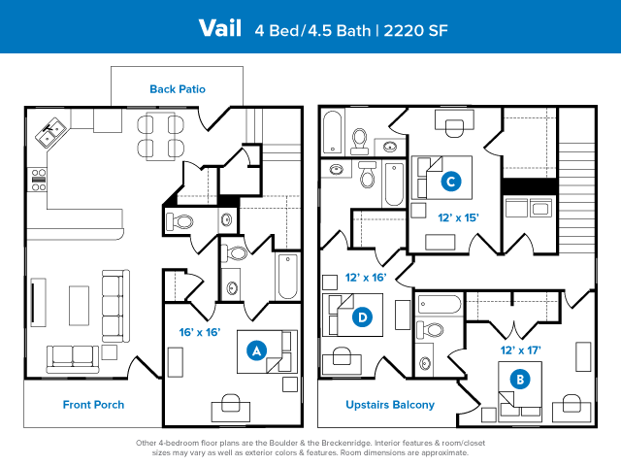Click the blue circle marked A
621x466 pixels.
coord(256,350)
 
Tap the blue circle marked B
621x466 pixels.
coord(520,380)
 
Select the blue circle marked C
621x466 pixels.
coord(450,182)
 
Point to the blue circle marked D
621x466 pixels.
coord(362,317)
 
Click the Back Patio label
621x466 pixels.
coord(178,89)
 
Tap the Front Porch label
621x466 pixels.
coord(93,405)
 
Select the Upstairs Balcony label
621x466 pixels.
coord(390,405)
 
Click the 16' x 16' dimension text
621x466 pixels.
coord(200,332)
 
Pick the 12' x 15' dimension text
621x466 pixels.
coord(458,217)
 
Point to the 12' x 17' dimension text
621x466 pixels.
coord(520,350)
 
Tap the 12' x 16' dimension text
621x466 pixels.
coord(366,278)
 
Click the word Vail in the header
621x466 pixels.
coord(220,28)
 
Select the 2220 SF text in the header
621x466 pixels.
coord(415,30)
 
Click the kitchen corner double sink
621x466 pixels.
coord(50,133)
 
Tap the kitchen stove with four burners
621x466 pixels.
coord(39,180)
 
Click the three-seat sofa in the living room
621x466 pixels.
coord(115,306)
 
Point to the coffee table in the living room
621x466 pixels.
coord(79,306)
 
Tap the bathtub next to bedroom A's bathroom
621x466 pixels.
coord(287,276)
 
